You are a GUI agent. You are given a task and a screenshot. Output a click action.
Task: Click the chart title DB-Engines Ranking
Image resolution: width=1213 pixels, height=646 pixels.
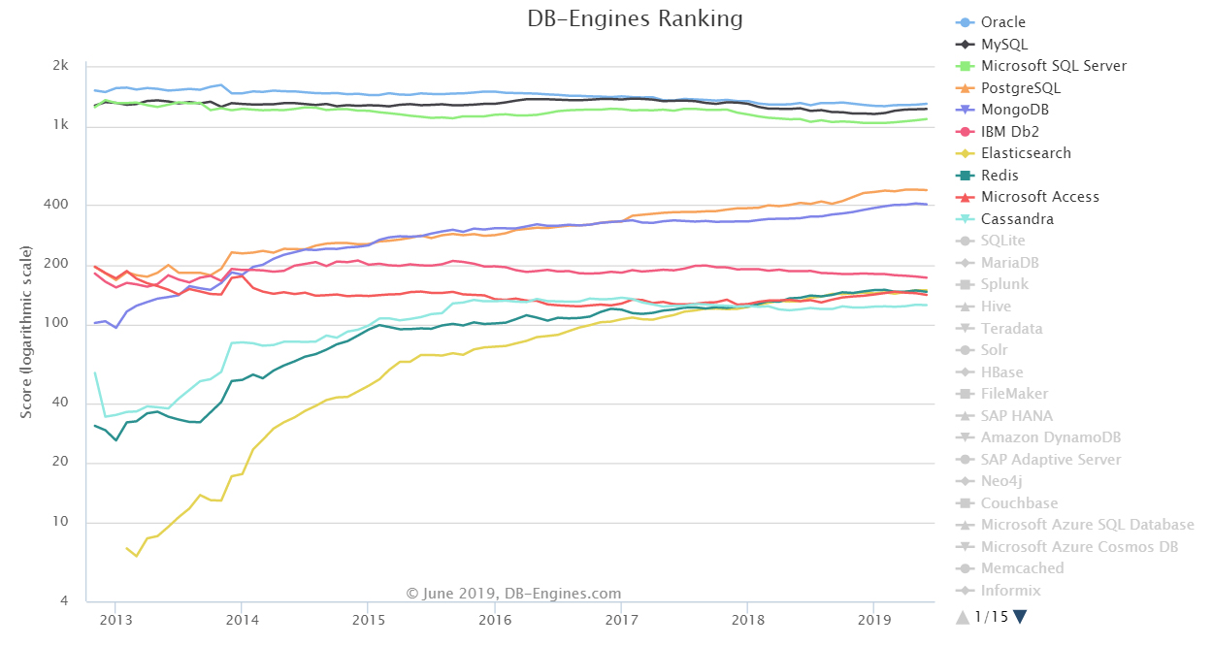click(635, 19)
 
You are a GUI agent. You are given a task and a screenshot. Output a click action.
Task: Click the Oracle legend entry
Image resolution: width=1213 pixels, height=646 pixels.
click(1002, 22)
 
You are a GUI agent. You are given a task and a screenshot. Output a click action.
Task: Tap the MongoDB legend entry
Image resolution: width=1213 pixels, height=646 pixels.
click(1014, 110)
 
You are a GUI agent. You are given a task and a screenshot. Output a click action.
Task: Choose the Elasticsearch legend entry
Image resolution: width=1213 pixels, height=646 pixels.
click(1025, 153)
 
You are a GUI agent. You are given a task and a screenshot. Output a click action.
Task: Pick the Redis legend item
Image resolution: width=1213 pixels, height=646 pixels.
click(1000, 176)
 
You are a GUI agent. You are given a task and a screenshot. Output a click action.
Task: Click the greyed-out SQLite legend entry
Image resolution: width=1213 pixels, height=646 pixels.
click(1002, 241)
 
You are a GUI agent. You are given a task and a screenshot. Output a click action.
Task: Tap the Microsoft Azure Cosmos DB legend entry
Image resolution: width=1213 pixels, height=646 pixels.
click(1079, 547)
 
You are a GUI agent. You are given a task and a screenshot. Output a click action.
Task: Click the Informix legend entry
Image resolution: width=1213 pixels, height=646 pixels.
click(1010, 591)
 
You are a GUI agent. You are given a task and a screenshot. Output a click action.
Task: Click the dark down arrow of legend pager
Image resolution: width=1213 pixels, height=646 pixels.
click(1020, 617)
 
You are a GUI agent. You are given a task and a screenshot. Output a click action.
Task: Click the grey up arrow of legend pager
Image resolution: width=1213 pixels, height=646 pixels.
click(963, 617)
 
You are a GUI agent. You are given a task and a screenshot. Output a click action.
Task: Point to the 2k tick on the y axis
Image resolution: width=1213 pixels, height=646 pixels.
click(60, 66)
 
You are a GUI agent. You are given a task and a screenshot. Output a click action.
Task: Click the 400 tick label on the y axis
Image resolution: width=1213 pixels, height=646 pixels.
click(57, 205)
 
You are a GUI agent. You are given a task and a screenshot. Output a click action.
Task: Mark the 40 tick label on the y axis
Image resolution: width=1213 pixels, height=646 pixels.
click(60, 404)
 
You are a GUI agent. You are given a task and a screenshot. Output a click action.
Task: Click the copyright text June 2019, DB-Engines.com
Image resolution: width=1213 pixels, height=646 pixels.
click(512, 594)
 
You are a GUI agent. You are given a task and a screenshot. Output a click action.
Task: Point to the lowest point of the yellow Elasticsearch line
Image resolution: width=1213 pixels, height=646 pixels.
click(137, 556)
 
